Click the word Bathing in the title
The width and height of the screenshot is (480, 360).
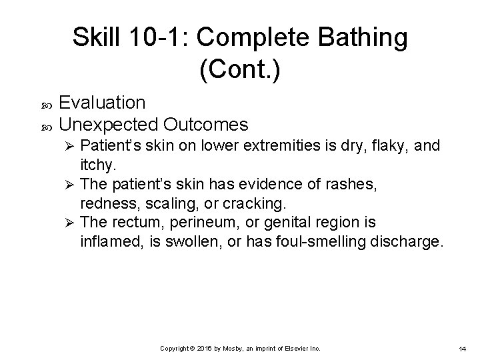[361, 38]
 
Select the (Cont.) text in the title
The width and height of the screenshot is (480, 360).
[240, 69]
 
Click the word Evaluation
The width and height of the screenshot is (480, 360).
[102, 103]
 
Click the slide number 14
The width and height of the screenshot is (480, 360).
[462, 349]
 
